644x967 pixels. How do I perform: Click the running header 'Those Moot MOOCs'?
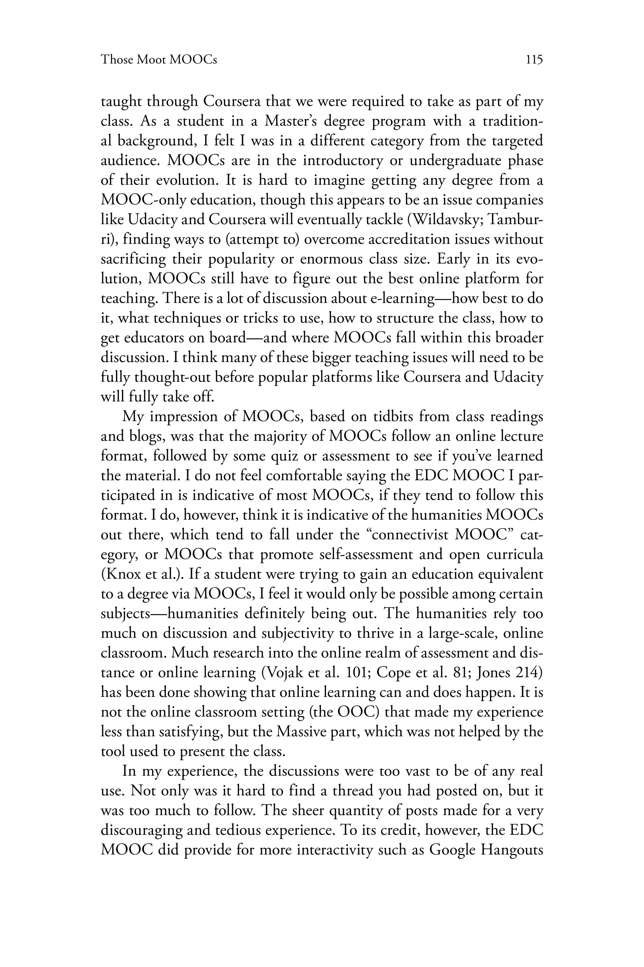click(x=159, y=60)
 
